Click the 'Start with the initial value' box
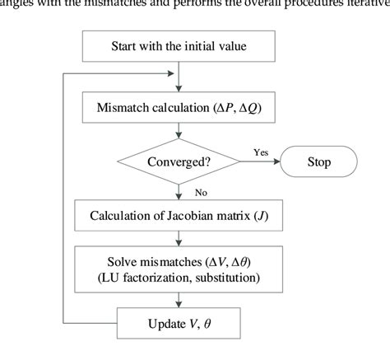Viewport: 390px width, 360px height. tap(179, 46)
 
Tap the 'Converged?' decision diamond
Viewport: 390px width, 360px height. tap(179, 162)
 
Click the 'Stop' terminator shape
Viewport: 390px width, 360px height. tap(318, 162)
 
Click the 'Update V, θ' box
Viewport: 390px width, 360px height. tap(179, 324)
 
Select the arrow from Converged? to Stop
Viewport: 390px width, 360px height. tap(259, 162)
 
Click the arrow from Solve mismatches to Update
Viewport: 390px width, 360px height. tap(179, 299)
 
